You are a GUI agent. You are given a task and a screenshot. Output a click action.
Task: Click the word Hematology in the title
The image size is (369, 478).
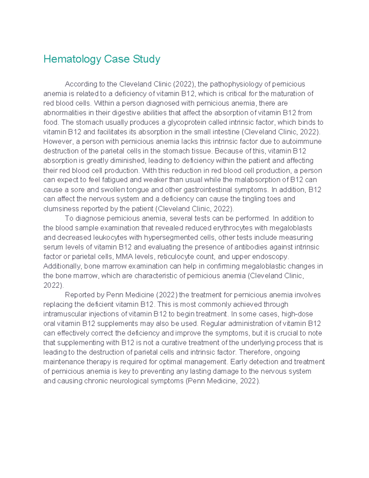tap(72, 59)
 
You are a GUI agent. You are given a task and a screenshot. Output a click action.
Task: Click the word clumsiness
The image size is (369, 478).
tap(61, 209)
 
